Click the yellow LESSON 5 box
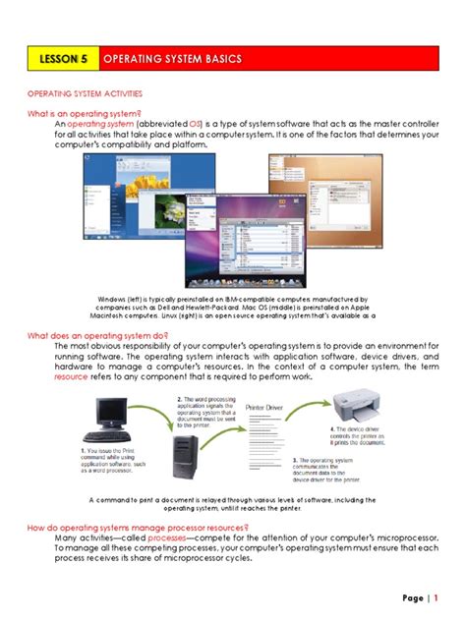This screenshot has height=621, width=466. tap(62, 60)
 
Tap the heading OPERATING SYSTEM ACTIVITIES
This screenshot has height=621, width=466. tap(85, 94)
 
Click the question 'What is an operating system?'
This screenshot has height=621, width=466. tap(85, 114)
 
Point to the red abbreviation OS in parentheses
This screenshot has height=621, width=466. tap(196, 124)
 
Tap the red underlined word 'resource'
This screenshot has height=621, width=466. tap(71, 376)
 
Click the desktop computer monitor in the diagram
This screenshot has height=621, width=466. tap(106, 415)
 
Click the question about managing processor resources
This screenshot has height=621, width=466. tap(138, 528)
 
